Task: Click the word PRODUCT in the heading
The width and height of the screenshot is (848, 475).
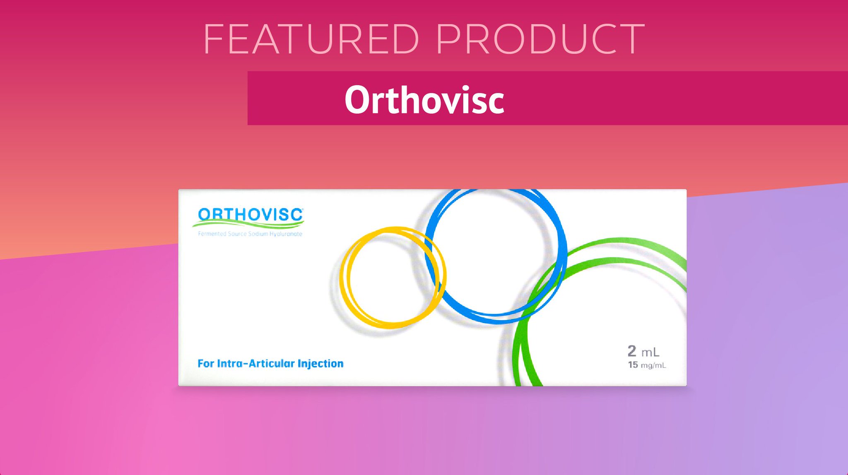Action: pos(540,39)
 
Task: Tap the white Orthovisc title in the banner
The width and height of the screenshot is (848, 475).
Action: pos(424,100)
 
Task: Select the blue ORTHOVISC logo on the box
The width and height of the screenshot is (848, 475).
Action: pos(250,215)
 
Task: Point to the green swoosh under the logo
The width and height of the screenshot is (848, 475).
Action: pos(248,225)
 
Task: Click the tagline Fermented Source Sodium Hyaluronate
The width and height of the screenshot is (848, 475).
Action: pos(250,234)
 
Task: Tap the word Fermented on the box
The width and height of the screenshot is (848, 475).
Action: pos(212,234)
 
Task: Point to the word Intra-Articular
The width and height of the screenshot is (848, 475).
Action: pos(256,364)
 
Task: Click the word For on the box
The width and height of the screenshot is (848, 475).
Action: pos(205,364)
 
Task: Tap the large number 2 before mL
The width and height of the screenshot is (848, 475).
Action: pos(632,351)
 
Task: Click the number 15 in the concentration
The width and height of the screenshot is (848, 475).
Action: pos(633,365)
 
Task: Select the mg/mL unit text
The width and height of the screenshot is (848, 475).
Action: pos(653,365)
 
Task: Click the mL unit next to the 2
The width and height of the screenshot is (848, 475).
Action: pos(650,352)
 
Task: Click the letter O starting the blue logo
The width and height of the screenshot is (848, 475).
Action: pos(205,215)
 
